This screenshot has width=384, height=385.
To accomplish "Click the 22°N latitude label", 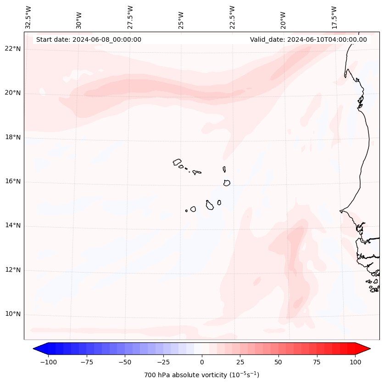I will [13, 49].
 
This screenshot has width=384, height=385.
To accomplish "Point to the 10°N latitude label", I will [13, 314].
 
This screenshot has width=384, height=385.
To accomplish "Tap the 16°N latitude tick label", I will [13, 182].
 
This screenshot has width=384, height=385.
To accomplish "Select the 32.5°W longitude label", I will [28, 17].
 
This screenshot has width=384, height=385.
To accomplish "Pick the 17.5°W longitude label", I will [334, 17].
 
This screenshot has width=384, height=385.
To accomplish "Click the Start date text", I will [89, 39].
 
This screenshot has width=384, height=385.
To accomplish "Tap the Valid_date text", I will [308, 39].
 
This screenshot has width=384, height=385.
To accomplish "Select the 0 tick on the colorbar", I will [202, 362].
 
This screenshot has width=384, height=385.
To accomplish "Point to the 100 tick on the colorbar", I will [355, 362].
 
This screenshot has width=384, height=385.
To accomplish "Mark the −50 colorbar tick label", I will [125, 362].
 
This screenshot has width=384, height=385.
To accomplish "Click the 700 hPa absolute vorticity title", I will [202, 375].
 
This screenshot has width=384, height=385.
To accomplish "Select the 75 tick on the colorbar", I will [317, 362].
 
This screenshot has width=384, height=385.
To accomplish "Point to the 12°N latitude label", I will [13, 270].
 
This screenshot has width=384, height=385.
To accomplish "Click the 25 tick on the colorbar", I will [240, 362].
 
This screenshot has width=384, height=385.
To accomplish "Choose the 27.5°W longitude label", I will [130, 17].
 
